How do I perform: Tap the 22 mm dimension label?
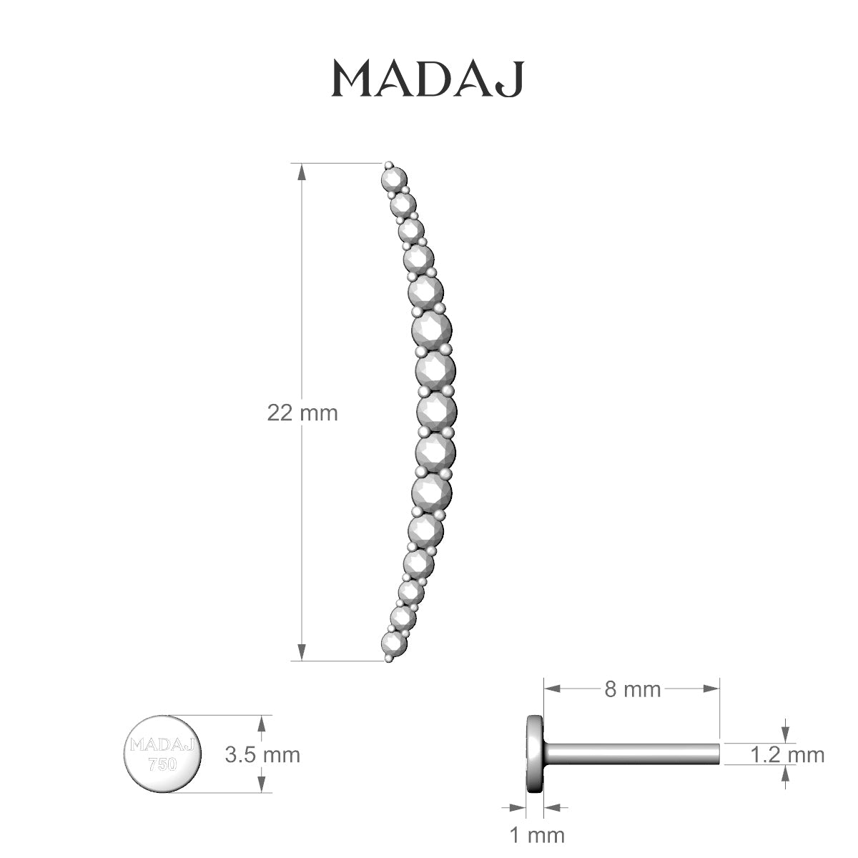[302, 413]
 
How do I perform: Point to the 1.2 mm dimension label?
[787, 754]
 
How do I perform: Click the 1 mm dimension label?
[537, 834]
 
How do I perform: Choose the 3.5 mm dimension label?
[262, 754]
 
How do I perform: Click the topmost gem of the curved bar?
[394, 177]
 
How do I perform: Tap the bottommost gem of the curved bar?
[393, 643]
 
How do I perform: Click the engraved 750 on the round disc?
[162, 763]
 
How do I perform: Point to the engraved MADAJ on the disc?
[162, 744]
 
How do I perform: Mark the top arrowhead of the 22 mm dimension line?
[302, 172]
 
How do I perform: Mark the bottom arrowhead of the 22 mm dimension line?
[302, 652]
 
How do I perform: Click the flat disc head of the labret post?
[534, 754]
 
